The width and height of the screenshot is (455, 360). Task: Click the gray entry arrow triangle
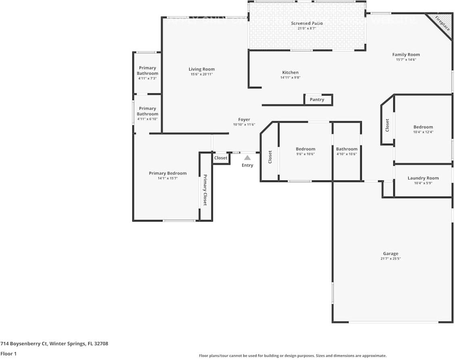[x=247, y=158]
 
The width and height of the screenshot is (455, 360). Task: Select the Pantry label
[x=317, y=100]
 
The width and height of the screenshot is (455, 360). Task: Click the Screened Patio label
[x=307, y=23]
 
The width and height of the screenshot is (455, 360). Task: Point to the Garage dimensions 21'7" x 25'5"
[x=390, y=259]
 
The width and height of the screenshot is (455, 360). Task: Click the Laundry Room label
[x=423, y=178]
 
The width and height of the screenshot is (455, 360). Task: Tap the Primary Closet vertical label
[x=205, y=190]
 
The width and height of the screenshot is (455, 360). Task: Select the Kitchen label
[x=290, y=73]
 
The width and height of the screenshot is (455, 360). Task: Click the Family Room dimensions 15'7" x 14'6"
[x=406, y=60]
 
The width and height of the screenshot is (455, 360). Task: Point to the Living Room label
[x=202, y=69]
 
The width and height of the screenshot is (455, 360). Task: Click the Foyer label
[x=244, y=119]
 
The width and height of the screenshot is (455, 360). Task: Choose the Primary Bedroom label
[x=168, y=173]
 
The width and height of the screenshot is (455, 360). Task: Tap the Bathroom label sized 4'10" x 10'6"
[x=347, y=149]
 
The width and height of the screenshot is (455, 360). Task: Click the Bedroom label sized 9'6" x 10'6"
[x=305, y=149]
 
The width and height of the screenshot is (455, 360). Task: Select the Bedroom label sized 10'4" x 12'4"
[x=423, y=127]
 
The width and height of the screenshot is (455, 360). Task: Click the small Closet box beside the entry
[x=221, y=158]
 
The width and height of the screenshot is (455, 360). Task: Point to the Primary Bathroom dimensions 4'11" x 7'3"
[x=147, y=78]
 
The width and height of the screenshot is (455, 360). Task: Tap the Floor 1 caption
[x=8, y=354]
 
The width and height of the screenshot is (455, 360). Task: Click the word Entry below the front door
[x=247, y=165]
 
